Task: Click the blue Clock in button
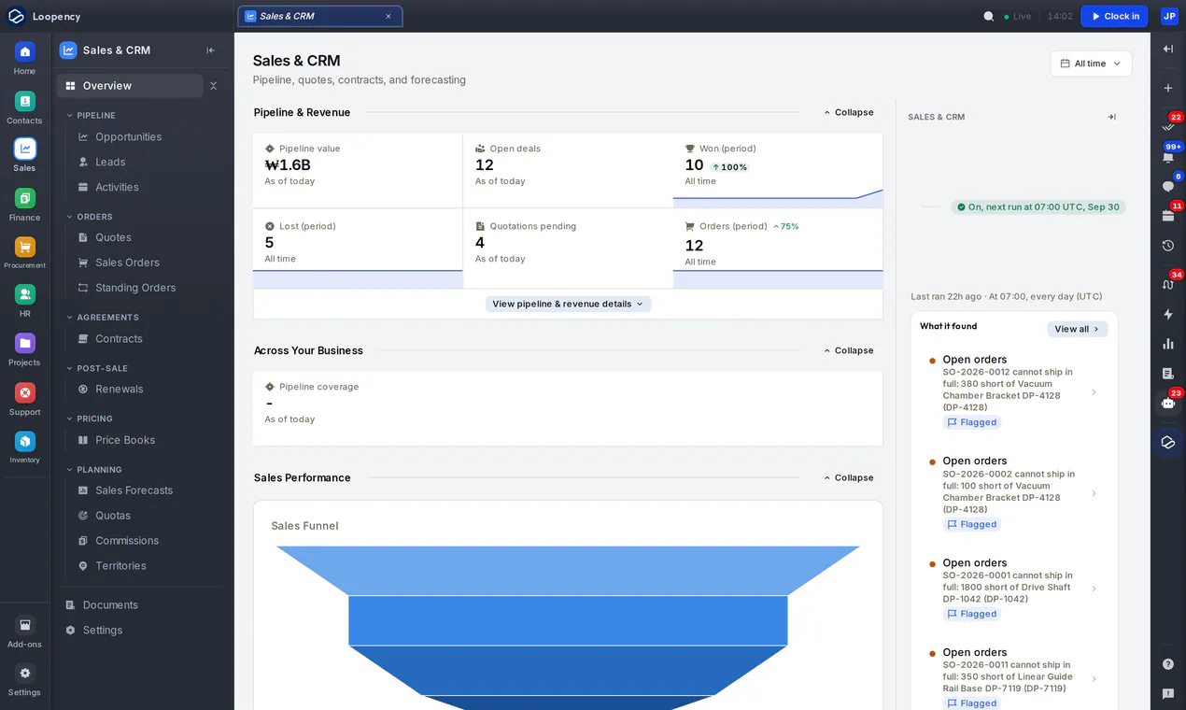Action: [x=1114, y=16]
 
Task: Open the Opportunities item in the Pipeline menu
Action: [x=128, y=136]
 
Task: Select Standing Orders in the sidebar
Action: [x=135, y=288]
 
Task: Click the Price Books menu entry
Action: [x=125, y=440]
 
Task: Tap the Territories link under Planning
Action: [x=120, y=565]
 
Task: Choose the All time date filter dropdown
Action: [x=1091, y=64]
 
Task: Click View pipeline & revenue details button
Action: [x=568, y=304]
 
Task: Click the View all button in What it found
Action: [x=1077, y=329]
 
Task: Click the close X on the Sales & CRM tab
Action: [x=388, y=17]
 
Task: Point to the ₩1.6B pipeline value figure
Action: [x=288, y=164]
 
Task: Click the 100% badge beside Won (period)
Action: [x=729, y=167]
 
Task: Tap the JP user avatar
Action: [x=1169, y=16]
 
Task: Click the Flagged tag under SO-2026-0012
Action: [x=971, y=422]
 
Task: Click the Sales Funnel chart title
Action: [x=304, y=526]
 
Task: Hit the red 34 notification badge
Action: [x=1176, y=275]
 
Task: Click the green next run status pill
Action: [x=1038, y=207]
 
